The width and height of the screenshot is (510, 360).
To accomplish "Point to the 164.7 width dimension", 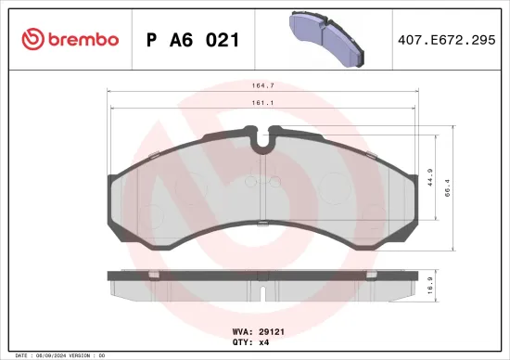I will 266,85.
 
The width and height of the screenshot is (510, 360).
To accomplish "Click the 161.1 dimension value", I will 265,104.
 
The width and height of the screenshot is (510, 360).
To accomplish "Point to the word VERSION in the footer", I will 78,355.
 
